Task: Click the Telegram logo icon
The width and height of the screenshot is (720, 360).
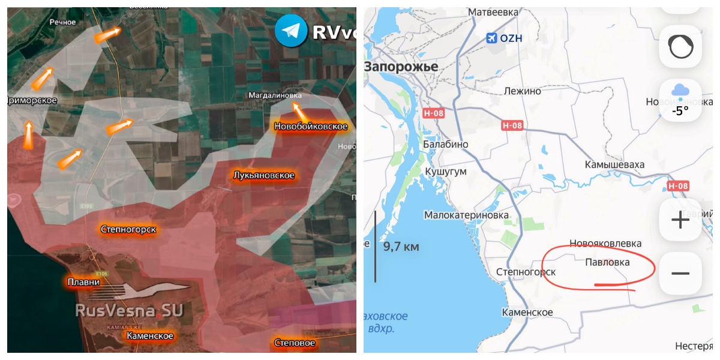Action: [290, 31]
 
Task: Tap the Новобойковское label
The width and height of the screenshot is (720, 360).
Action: [311, 127]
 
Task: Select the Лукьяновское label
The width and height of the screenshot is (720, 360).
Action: [264, 175]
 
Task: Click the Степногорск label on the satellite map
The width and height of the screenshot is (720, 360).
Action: [128, 229]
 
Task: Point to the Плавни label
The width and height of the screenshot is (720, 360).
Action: [83, 281]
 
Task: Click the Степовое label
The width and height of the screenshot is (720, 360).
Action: [295, 343]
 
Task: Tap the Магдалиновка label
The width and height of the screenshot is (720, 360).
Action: [275, 95]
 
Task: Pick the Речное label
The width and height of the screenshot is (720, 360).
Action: [63, 22]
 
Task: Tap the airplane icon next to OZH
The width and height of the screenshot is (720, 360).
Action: [491, 38]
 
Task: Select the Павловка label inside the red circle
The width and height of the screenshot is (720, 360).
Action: [608, 262]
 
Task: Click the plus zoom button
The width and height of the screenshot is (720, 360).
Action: [680, 220]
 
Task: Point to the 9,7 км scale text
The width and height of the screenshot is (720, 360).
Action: [401, 246]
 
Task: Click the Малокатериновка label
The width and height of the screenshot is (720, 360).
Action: [466, 215]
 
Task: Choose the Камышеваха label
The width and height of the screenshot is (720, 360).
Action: [615, 164]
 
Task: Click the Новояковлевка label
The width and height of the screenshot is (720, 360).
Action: [605, 243]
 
